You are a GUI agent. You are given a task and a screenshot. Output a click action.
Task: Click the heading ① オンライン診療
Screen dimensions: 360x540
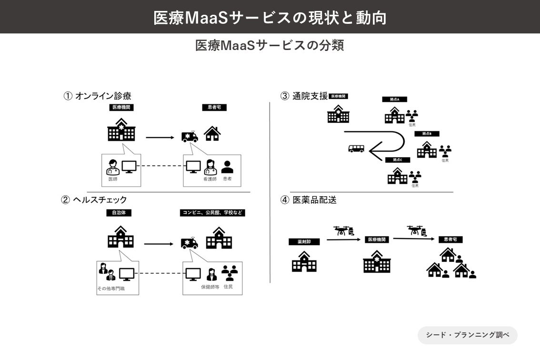pyautogui.click(x=98, y=96)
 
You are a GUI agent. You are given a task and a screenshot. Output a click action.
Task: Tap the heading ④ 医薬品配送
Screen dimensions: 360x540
pyautogui.click(x=308, y=200)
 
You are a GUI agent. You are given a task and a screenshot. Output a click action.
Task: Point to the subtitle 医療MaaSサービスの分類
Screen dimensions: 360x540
pyautogui.click(x=270, y=46)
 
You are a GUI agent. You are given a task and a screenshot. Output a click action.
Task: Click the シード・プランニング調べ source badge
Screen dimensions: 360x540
pyautogui.click(x=467, y=335)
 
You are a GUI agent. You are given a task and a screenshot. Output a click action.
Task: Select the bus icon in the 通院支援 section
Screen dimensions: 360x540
pyautogui.click(x=356, y=149)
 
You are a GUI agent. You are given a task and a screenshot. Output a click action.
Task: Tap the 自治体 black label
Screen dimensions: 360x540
pyautogui.click(x=119, y=213)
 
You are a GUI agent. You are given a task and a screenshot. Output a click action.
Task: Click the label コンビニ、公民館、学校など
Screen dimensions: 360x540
pyautogui.click(x=212, y=213)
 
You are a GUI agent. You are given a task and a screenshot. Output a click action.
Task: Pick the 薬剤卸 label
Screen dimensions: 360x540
pyautogui.click(x=304, y=242)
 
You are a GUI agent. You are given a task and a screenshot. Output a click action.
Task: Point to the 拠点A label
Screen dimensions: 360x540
pyautogui.click(x=394, y=100)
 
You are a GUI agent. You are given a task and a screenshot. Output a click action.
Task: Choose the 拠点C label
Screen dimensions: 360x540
pyautogui.click(x=398, y=160)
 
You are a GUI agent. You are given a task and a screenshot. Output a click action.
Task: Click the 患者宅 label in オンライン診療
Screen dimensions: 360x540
pyautogui.click(x=214, y=108)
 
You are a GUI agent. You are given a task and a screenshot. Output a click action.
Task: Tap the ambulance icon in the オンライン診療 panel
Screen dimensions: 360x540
pyautogui.click(x=190, y=136)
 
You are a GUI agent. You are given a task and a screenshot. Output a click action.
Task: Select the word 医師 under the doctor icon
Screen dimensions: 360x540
pyautogui.click(x=112, y=179)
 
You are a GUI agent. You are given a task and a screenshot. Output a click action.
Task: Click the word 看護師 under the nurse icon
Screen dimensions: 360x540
pyautogui.click(x=210, y=179)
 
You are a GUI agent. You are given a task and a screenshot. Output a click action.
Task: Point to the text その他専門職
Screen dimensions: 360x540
pyautogui.click(x=110, y=289)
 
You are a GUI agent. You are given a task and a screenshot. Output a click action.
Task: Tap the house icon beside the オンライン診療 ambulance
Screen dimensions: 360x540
pyautogui.click(x=212, y=133)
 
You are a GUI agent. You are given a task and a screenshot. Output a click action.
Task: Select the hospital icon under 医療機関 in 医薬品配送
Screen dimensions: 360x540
pyautogui.click(x=377, y=261)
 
